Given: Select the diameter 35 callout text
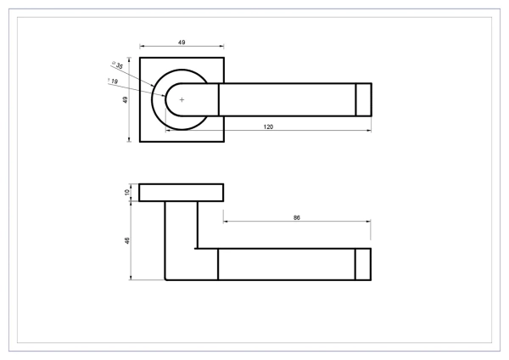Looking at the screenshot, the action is [x=118, y=65].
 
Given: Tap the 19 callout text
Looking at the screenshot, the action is [x=113, y=81].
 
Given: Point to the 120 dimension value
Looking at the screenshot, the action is [x=268, y=127].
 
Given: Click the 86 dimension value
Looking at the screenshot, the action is [x=297, y=217].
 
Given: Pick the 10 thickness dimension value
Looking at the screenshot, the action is [x=127, y=193].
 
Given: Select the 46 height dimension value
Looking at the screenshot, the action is [x=127, y=241].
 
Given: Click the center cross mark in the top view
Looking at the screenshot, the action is [x=182, y=99].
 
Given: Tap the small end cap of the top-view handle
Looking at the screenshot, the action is [x=364, y=99].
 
